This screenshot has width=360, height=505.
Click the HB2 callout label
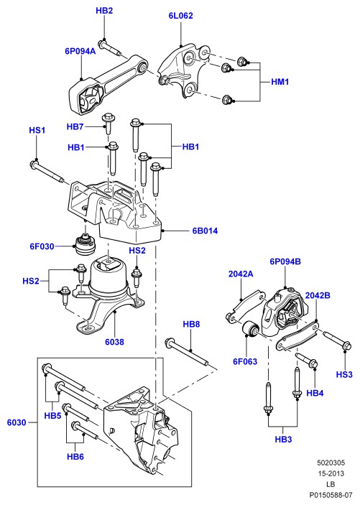(x=104, y=11)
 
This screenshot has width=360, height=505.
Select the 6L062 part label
(x=180, y=16)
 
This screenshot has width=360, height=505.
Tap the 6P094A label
(x=80, y=51)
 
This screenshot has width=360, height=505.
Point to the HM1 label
(x=280, y=82)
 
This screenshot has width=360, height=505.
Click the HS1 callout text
(x=37, y=131)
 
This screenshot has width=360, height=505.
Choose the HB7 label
(x=75, y=127)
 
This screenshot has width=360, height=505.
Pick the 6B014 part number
(x=205, y=231)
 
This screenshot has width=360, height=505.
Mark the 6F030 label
(x=42, y=246)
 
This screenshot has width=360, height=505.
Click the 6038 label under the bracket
(x=114, y=342)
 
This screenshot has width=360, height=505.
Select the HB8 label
(x=191, y=324)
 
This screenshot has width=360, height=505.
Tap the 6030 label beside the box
(x=17, y=422)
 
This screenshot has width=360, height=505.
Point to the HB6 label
(x=75, y=456)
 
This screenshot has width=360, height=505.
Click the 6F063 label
(x=245, y=361)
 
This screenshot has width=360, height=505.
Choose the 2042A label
(x=241, y=274)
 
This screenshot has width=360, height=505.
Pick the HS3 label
(x=344, y=374)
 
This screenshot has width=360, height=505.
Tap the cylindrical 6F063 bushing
(x=251, y=329)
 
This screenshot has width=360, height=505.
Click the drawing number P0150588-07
(x=331, y=495)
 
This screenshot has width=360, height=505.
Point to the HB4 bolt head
(x=313, y=364)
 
